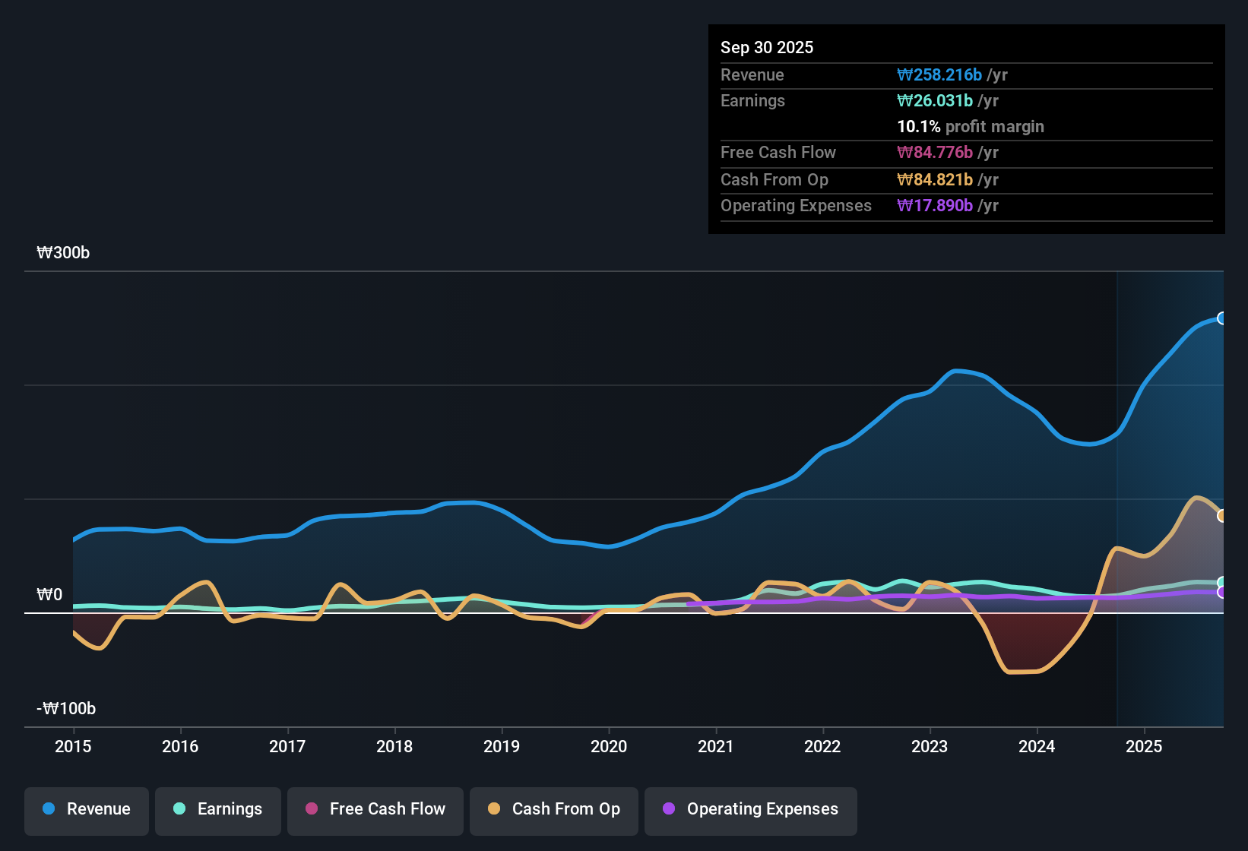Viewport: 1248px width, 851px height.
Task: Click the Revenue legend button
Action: click(87, 809)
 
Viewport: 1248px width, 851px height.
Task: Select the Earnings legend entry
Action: click(218, 809)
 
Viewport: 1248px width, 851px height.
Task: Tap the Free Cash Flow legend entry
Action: click(375, 809)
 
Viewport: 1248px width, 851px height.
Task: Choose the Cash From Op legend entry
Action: click(554, 809)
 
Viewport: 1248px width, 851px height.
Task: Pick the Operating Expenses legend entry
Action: click(751, 809)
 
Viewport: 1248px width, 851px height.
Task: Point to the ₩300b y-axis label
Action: click(63, 253)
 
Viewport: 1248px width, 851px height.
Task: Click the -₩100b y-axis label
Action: click(66, 709)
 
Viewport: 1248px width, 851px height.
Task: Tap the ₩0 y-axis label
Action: click(49, 595)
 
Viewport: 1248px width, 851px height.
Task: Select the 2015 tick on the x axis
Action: click(73, 746)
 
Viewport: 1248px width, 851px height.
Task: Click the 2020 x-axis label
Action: click(609, 746)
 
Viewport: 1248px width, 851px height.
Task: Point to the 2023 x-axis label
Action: click(930, 746)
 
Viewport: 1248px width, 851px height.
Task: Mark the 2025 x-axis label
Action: click(1144, 746)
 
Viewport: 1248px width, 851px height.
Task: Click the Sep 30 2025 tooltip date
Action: click(767, 48)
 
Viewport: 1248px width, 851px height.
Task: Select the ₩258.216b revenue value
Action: click(939, 75)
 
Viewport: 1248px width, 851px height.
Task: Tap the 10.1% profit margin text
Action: click(971, 127)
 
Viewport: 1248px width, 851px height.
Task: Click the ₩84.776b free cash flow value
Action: click(935, 153)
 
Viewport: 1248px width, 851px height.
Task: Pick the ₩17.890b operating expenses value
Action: click(935, 206)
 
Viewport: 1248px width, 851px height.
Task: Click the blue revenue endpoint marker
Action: click(1222, 318)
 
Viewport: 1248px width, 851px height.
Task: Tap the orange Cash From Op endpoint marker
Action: click(1222, 516)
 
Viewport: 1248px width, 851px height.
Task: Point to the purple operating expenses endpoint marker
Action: click(1222, 592)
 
